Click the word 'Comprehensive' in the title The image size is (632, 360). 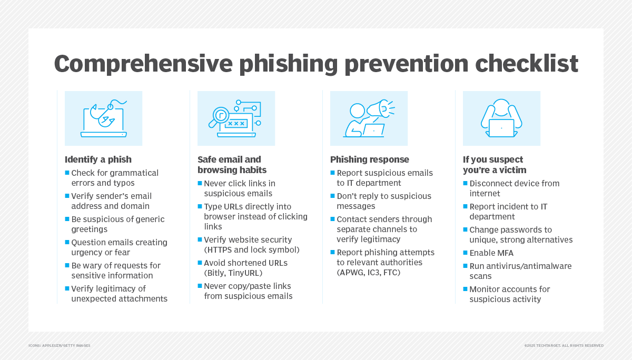[143, 64]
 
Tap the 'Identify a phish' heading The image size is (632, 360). [98, 159]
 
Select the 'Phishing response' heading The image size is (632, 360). [370, 159]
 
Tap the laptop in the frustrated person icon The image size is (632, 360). [501, 128]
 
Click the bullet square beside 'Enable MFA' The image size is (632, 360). [465, 253]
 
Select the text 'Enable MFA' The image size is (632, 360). [491, 253]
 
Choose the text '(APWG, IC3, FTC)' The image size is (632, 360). [369, 273]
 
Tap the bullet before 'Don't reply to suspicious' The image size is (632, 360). [333, 196]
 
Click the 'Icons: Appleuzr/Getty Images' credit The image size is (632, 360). [60, 346]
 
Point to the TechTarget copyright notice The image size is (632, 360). [564, 346]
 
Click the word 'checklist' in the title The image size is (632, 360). [527, 64]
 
